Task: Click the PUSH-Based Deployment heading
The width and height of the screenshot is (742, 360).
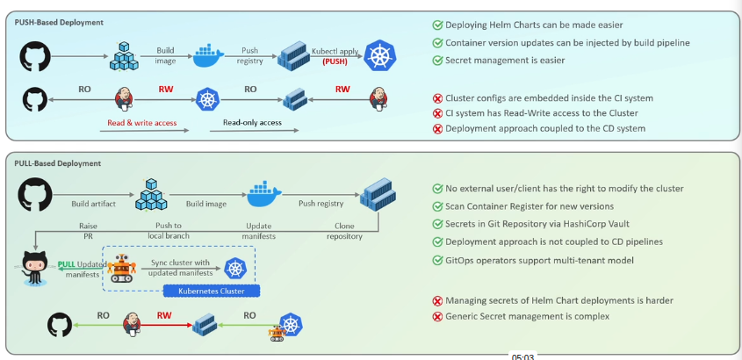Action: click(59, 22)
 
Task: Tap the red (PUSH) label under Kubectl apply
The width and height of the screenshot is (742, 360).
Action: click(335, 62)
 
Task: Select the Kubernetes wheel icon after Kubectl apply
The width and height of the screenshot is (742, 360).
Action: click(380, 56)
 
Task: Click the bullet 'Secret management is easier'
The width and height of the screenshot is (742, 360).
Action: click(504, 61)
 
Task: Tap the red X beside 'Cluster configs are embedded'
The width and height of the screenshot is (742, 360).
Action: click(437, 98)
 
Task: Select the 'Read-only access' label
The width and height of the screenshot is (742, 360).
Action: click(252, 123)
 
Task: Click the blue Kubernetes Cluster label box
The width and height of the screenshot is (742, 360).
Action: click(210, 291)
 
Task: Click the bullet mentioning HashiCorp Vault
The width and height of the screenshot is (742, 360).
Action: click(544, 224)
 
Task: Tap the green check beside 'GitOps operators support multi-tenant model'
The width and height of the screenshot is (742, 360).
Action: click(437, 260)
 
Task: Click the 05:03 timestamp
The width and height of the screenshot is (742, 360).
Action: click(523, 356)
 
